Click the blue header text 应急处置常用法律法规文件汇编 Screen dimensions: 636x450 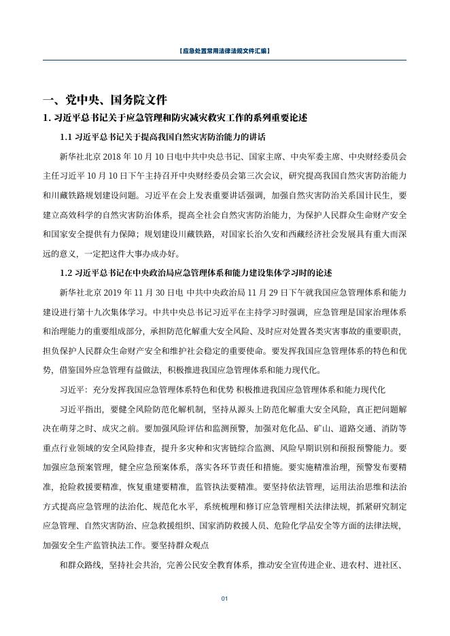tap(224, 51)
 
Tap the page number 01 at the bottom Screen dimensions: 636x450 tap(224, 599)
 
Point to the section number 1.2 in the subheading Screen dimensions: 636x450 tap(67, 273)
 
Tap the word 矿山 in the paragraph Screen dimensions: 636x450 tap(348, 429)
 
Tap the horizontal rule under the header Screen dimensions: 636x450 tap(224, 60)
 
